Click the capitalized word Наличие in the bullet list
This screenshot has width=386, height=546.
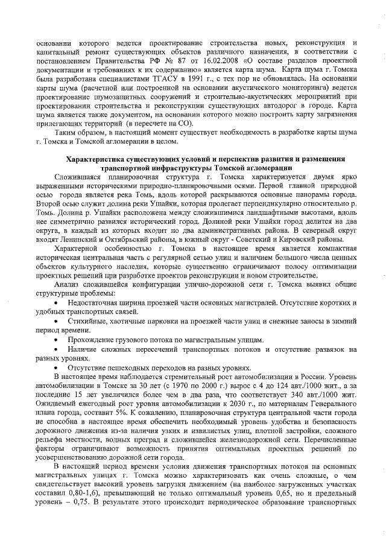tap(83, 349)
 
